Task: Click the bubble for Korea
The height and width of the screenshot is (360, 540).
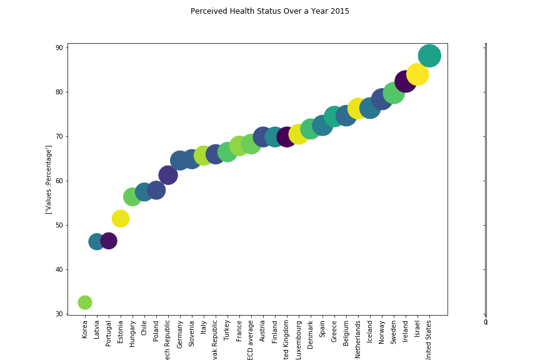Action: click(x=85, y=302)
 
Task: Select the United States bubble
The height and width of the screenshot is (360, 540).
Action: click(x=429, y=56)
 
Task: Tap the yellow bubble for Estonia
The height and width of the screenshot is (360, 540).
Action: click(x=121, y=219)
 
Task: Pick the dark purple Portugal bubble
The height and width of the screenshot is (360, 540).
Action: click(x=109, y=241)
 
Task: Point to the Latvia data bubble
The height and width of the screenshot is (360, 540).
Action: click(x=97, y=242)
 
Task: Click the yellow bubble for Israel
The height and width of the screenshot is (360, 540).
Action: click(x=417, y=74)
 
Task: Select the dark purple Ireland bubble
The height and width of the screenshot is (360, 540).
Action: click(x=406, y=82)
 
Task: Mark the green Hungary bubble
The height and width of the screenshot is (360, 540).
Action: click(x=132, y=197)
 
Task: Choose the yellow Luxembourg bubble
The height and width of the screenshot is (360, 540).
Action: click(x=299, y=134)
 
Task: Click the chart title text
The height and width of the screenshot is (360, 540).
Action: click(x=270, y=11)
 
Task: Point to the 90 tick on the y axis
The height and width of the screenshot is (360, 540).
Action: click(x=58, y=48)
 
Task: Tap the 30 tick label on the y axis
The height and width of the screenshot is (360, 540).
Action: click(x=58, y=314)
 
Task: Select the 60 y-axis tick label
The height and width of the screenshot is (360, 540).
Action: click(x=58, y=181)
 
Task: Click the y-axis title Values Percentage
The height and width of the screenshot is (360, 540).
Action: click(x=49, y=179)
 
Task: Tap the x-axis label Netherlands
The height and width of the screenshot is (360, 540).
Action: click(x=358, y=339)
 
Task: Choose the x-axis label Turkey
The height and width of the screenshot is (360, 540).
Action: click(x=227, y=331)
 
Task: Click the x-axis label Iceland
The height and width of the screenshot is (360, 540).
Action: click(x=370, y=332)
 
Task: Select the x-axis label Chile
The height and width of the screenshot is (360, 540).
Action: click(x=144, y=329)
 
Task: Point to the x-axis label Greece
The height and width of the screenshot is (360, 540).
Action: click(x=334, y=332)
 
